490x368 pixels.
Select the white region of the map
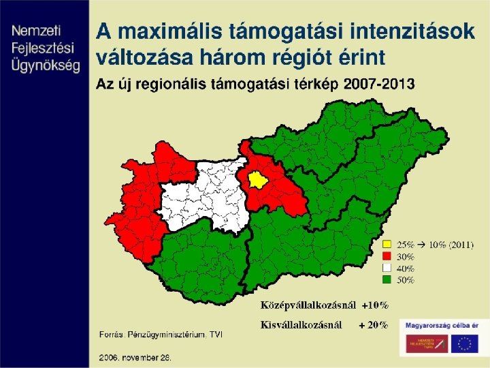[x=201, y=198]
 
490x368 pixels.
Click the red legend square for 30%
[x=387, y=256]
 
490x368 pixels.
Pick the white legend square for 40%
[x=387, y=268]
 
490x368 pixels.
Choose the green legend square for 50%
[x=387, y=279]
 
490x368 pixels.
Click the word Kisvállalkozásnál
[x=301, y=325]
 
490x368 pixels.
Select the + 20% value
[x=374, y=325]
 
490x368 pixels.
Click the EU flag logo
[x=467, y=344]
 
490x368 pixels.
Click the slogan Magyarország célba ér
[x=442, y=324]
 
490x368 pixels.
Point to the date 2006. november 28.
[x=135, y=356]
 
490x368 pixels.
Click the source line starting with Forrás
[x=161, y=335]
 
